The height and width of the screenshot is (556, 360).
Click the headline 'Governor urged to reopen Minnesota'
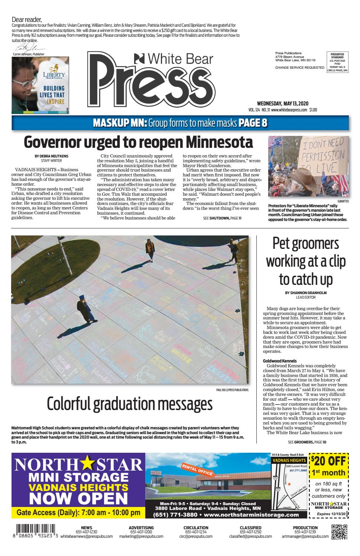pos(139,142)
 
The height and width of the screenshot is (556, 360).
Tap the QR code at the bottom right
pos(339,532)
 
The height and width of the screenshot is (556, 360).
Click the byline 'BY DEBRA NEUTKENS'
pos(51,156)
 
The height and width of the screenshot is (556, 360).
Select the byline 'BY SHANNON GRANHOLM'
pos(305,293)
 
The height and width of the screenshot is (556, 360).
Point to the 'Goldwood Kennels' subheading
pos(279,361)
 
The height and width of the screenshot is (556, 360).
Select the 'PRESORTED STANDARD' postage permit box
pos(337,62)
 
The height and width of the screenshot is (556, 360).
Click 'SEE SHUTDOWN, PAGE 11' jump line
pos(222,218)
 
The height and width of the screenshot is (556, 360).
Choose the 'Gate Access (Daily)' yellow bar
pos(78,513)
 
